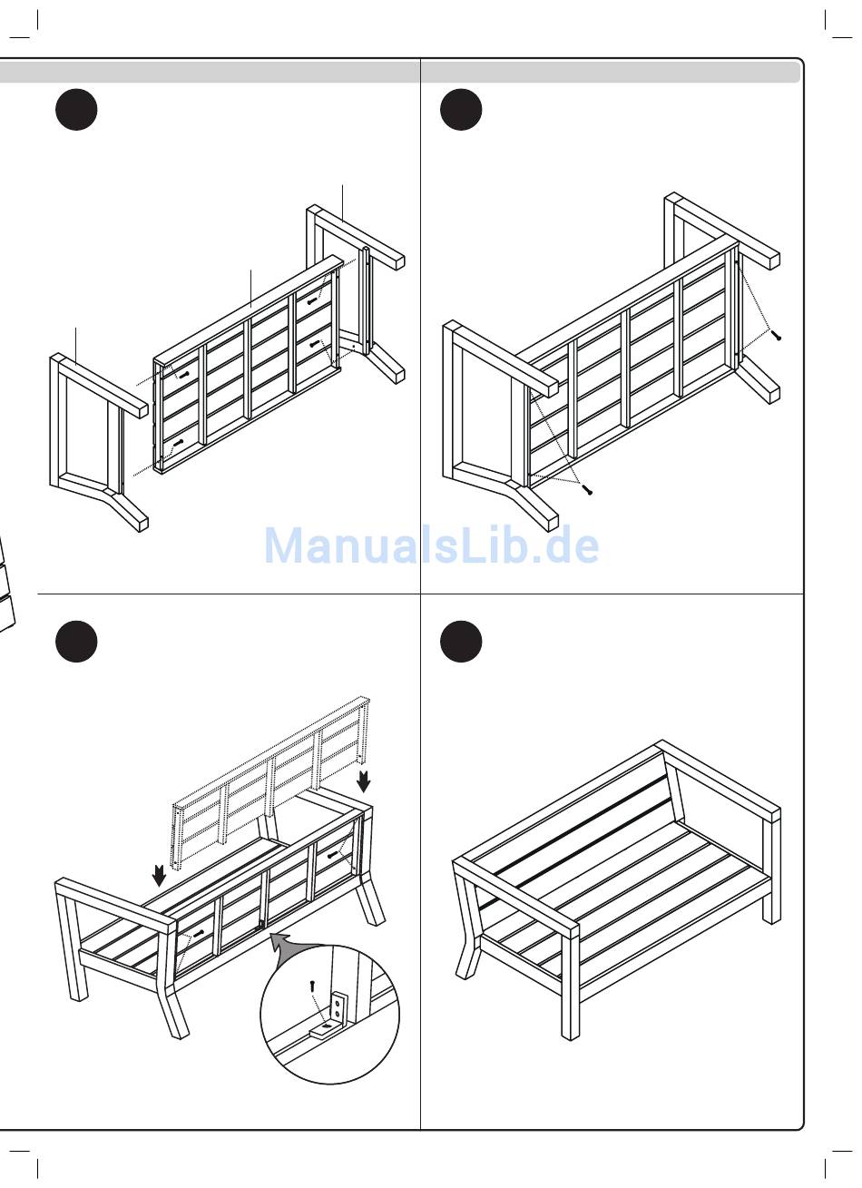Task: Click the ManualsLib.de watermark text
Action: pyautogui.click(x=431, y=545)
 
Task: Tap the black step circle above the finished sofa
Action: pyautogui.click(x=461, y=642)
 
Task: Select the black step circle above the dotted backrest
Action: pyautogui.click(x=76, y=642)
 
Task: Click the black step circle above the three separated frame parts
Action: pyautogui.click(x=76, y=109)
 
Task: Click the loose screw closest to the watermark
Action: pyautogui.click(x=587, y=489)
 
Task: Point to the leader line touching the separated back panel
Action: pyautogui.click(x=250, y=289)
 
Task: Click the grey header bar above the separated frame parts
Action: pyautogui.click(x=210, y=72)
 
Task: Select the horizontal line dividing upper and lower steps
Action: pyautogui.click(x=420, y=594)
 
